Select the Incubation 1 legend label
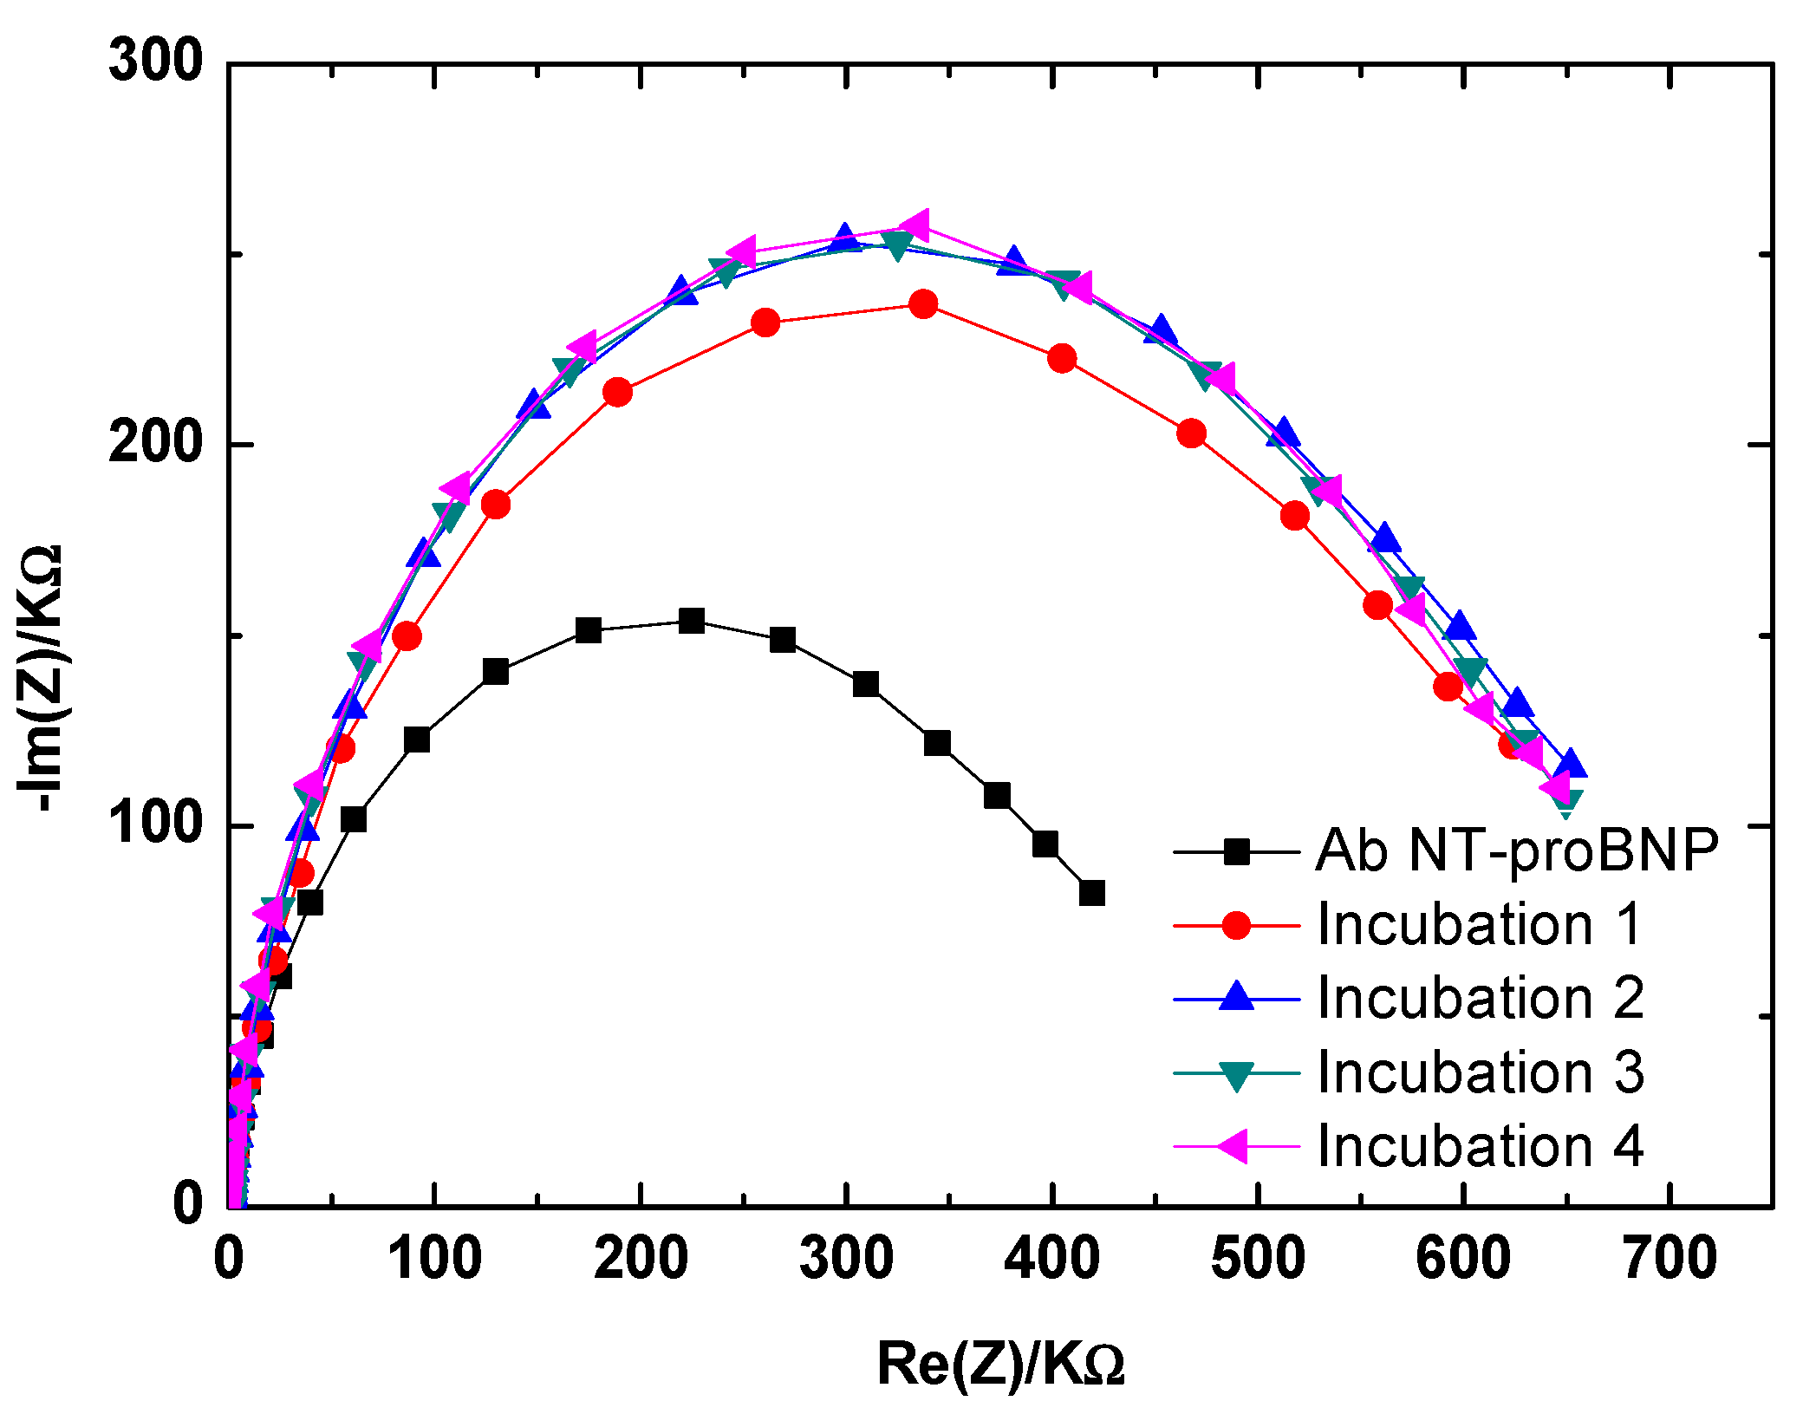pyautogui.click(x=1480, y=924)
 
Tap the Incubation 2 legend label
pyautogui.click(x=1480, y=998)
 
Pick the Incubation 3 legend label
pyautogui.click(x=1480, y=1072)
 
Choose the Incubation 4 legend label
pyautogui.click(x=1480, y=1146)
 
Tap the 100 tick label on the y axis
pyautogui.click(x=155, y=824)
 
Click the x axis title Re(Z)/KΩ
pyautogui.click(x=1000, y=1364)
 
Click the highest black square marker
pyautogui.click(x=692, y=621)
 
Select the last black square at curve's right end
pyautogui.click(x=1092, y=893)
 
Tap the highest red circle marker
pyautogui.click(x=923, y=304)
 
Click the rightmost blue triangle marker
pyautogui.click(x=1570, y=766)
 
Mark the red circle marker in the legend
pyautogui.click(x=1236, y=925)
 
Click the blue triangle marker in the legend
pyautogui.click(x=1236, y=997)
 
